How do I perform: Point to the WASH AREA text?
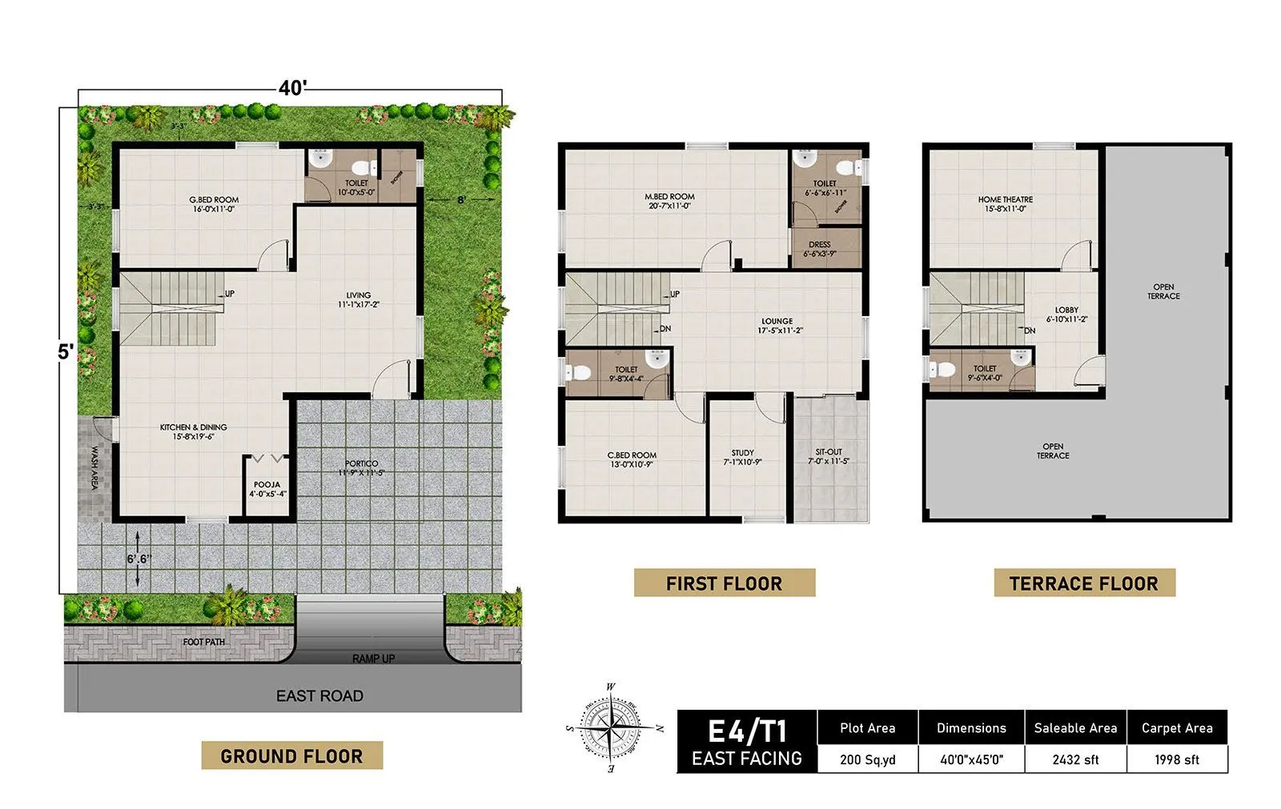(x=94, y=468)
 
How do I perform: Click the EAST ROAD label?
(x=319, y=696)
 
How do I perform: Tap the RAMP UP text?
(x=373, y=659)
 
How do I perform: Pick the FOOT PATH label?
(x=203, y=642)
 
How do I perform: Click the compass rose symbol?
(x=611, y=728)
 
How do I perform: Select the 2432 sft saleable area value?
(x=1075, y=759)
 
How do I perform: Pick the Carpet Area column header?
(x=1177, y=727)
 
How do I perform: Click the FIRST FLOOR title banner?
(x=724, y=583)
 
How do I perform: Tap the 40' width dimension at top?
(x=292, y=88)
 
